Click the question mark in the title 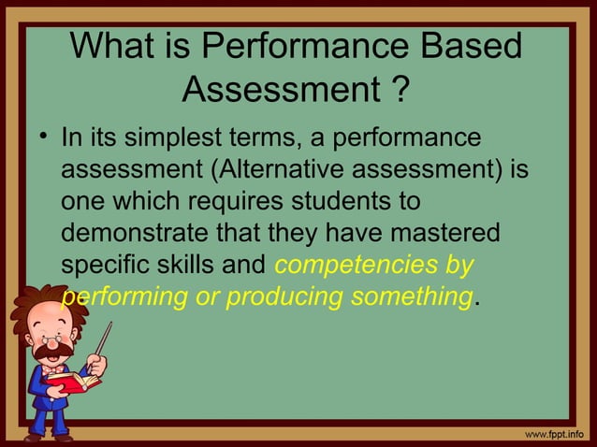(x=399, y=90)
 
